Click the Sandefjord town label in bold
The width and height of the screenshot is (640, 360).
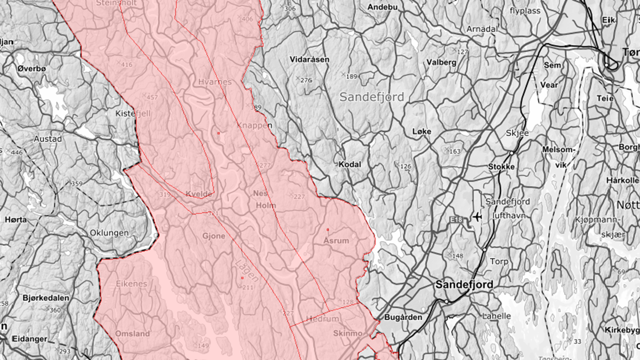tap(464, 285)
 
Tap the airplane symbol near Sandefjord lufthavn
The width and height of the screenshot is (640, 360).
tap(477, 217)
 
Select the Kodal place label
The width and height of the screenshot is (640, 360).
tap(350, 164)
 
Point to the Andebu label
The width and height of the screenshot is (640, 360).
tap(383, 7)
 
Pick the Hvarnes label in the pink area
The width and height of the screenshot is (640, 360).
tap(214, 82)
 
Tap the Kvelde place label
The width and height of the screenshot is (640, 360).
tap(199, 194)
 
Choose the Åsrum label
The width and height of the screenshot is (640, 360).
tap(336, 240)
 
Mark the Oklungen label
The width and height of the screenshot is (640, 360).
tap(109, 233)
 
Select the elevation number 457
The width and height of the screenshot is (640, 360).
tap(152, 97)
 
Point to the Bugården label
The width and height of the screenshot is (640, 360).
tap(402, 317)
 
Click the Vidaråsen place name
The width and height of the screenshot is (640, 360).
tap(310, 60)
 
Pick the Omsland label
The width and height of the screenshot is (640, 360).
tap(132, 333)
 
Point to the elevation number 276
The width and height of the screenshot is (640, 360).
tap(306, 80)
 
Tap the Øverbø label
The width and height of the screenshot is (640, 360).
tap(32, 68)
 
